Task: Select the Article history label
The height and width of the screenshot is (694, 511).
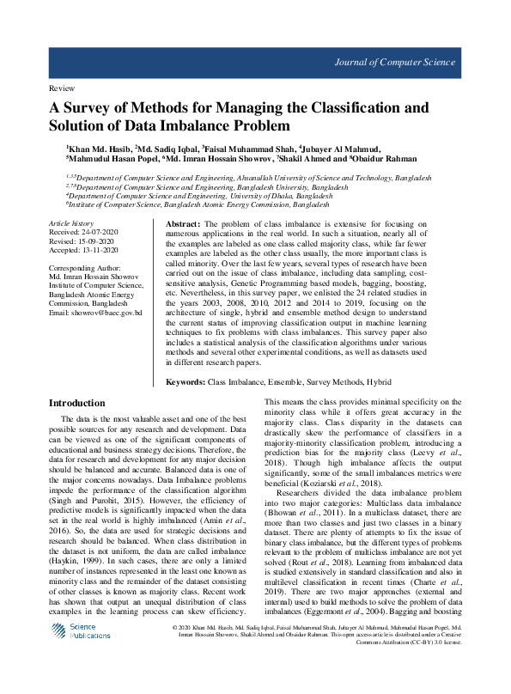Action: (70, 222)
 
